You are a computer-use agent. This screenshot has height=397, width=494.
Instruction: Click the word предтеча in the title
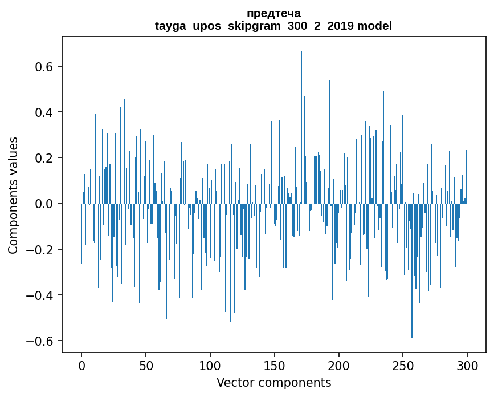(x=273, y=13)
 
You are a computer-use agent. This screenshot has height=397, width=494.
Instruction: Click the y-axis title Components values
(x=13, y=195)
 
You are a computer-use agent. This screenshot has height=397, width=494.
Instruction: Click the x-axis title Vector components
(x=273, y=382)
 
